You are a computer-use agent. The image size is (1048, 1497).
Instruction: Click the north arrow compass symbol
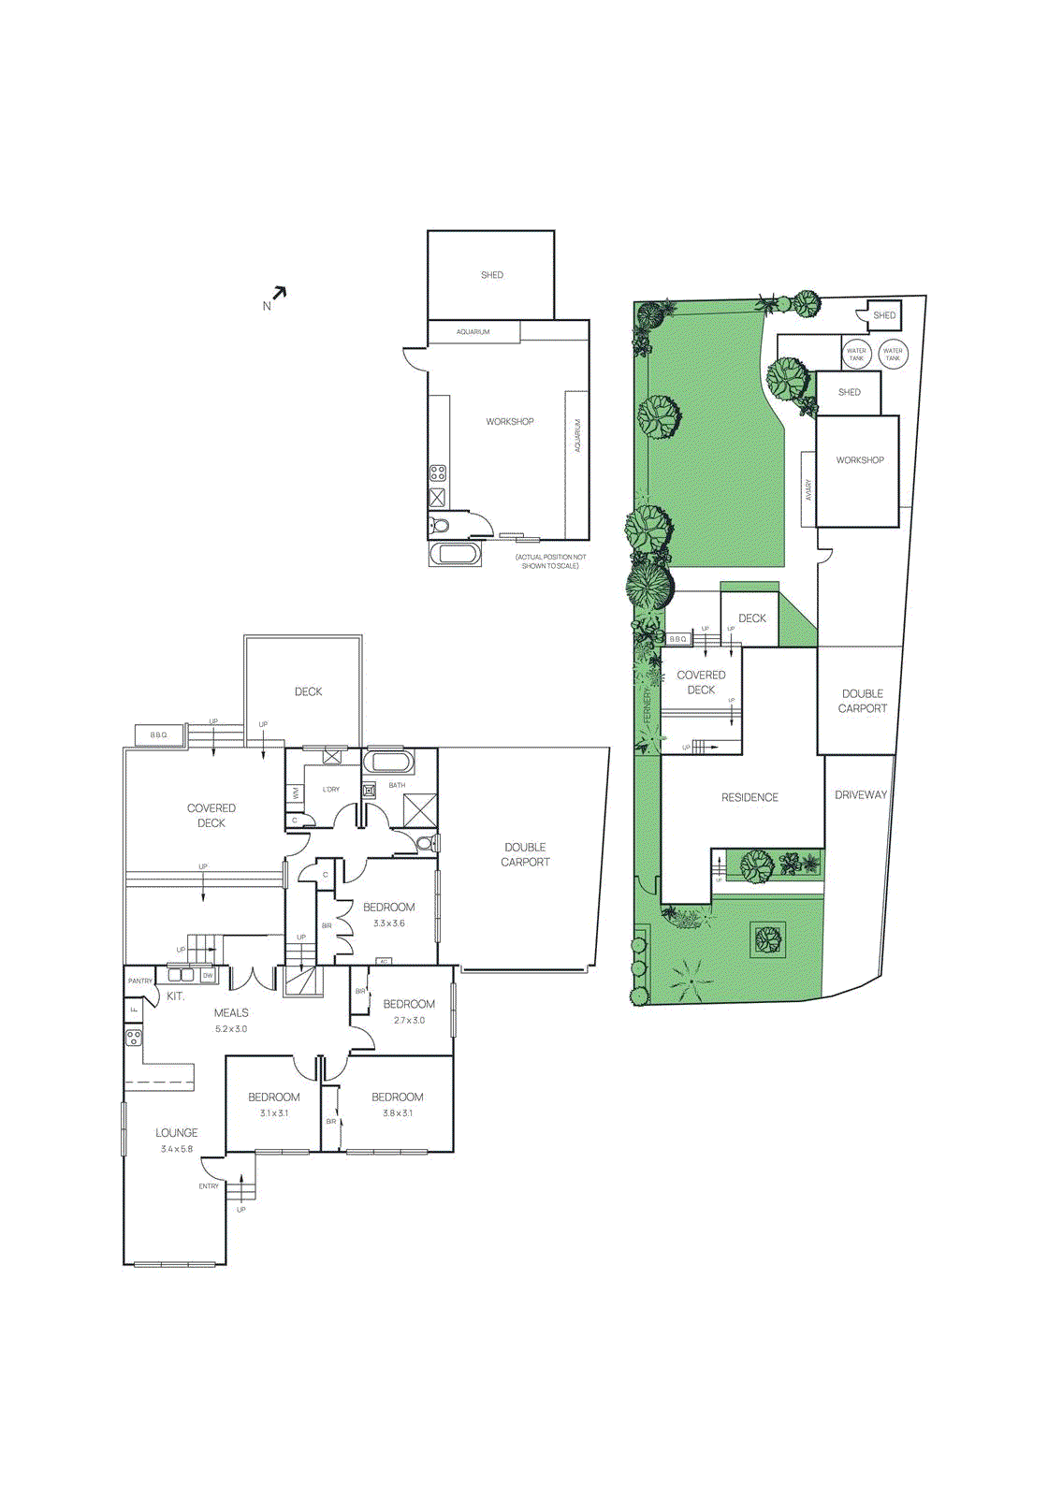[x=278, y=294]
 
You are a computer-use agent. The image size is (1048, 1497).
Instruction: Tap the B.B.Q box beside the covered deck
[x=159, y=735]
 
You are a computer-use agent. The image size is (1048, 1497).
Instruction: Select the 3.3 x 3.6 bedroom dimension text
[x=388, y=923]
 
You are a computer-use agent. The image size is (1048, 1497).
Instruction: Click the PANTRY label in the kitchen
[x=140, y=981]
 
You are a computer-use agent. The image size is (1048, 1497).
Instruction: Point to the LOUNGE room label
[x=177, y=1132]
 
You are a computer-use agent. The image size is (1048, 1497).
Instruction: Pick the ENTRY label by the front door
[x=209, y=1186]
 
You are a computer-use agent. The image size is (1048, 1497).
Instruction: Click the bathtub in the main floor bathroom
[x=386, y=761]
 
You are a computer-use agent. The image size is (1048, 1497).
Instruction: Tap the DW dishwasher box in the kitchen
[x=208, y=975]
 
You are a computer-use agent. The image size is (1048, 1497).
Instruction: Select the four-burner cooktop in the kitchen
[x=134, y=1037]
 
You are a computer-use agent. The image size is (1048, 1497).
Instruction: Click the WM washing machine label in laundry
[x=296, y=793]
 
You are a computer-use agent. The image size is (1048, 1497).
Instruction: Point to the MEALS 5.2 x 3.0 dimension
[x=231, y=1029]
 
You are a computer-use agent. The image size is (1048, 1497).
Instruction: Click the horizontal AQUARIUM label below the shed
[x=473, y=332]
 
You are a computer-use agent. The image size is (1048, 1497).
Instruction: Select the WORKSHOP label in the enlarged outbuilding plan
[x=510, y=422]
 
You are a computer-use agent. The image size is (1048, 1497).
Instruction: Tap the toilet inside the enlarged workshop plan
[x=440, y=525]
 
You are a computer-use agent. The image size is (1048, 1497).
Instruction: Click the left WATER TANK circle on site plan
[x=856, y=355]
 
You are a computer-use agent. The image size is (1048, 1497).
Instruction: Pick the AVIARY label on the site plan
[x=808, y=490]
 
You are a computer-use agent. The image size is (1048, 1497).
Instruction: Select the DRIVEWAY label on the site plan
[x=861, y=795]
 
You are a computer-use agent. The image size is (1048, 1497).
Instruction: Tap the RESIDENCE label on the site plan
[x=750, y=798]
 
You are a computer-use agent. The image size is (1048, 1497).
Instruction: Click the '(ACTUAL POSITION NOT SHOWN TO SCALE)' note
[x=550, y=561]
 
